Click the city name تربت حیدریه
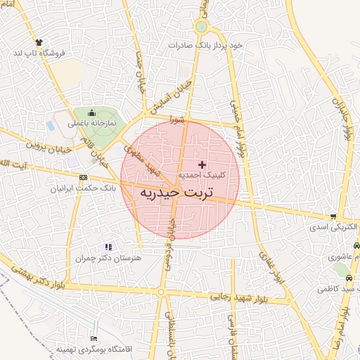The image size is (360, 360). [x=181, y=191]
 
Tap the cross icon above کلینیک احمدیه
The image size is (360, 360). [x=203, y=164]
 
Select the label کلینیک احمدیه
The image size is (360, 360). [x=200, y=174]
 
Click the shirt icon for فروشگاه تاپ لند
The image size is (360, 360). [x=38, y=42]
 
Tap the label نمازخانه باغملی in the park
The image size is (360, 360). [x=91, y=122]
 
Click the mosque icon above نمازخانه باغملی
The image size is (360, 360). [x=91, y=112]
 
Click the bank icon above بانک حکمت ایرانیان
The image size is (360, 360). [x=84, y=177]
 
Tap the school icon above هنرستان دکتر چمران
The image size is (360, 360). [x=108, y=247]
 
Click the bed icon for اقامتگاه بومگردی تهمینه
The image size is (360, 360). [x=94, y=339]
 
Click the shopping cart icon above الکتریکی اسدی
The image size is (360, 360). [x=333, y=217]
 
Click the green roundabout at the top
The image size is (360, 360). [x=202, y=27]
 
